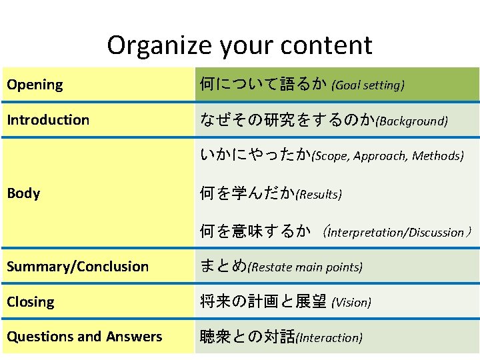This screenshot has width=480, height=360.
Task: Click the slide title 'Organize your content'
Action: coord(239,45)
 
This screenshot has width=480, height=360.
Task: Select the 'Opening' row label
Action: coord(35,85)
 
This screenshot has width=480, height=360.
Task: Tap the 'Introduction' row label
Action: coord(48,120)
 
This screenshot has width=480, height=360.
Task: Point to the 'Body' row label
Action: coord(23,193)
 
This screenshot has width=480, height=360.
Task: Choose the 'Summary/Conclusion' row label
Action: coord(78,267)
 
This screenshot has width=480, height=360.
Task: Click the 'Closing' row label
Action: coord(31,302)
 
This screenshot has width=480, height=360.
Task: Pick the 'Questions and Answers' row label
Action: coord(85,337)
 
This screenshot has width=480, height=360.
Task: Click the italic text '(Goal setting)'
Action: coord(368,85)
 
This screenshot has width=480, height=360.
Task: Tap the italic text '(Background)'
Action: coord(412,121)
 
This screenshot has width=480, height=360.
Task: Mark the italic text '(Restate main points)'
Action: coord(305,267)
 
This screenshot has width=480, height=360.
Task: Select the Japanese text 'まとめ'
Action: coord(223,267)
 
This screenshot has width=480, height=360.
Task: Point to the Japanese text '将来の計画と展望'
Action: coord(263,302)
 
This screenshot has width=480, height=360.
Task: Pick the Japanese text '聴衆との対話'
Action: coord(248,337)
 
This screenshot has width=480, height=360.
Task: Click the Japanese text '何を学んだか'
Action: coord(247,194)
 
